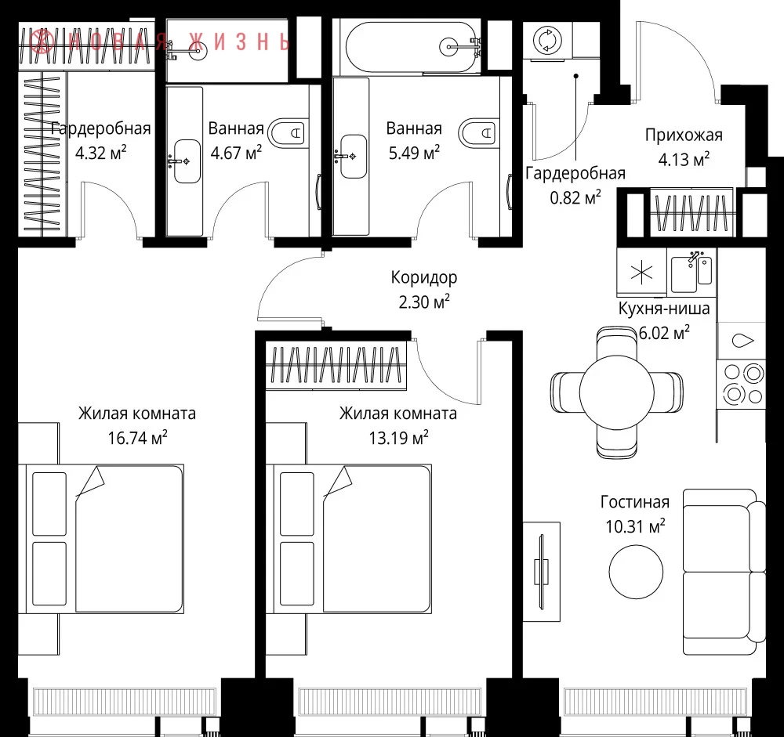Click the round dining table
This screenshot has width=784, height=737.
point(616,392)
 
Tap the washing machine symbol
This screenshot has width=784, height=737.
point(547,40)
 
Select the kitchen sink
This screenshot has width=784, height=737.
point(691,273)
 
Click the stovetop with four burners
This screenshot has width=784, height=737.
point(741,384)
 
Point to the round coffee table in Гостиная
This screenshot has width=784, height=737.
point(636,572)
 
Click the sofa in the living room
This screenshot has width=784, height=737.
point(724,572)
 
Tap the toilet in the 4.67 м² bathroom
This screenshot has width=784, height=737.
point(286,133)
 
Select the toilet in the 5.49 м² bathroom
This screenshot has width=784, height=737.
point(478,133)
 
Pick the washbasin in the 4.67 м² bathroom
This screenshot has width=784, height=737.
point(186,161)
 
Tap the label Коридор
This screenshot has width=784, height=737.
point(424,277)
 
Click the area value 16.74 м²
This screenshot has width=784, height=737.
point(137,438)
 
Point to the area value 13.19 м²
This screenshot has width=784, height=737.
point(398,438)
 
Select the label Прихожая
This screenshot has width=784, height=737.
point(684,135)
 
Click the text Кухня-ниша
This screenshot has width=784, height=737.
point(664,309)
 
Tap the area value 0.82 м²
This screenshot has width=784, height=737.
point(575,197)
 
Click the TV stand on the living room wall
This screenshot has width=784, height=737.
point(542,572)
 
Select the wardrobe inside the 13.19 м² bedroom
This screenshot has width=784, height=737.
point(336,365)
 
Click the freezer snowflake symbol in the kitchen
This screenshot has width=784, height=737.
point(642,273)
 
